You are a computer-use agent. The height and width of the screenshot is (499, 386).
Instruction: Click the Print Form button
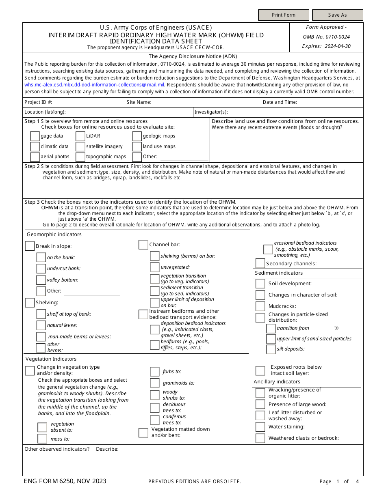[283, 15]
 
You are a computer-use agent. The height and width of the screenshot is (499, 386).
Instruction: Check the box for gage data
[35, 136]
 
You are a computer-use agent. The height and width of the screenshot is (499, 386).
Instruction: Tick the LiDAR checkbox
[80, 136]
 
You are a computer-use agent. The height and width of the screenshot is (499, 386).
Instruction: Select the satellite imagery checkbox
[80, 147]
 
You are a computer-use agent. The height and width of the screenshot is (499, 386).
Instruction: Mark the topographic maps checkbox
[80, 157]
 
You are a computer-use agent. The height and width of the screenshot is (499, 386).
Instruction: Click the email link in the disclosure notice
[94, 85]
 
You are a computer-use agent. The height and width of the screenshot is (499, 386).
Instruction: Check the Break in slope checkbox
[30, 246]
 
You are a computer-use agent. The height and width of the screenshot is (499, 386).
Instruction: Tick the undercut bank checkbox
[41, 269]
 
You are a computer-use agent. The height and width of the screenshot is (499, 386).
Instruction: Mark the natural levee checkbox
[41, 325]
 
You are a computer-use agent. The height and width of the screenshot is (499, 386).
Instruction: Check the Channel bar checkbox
[143, 245]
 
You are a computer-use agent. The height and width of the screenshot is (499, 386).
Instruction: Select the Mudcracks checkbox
[260, 306]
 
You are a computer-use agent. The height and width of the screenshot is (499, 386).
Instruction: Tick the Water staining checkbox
[260, 427]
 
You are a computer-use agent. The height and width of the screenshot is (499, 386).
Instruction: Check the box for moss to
[42, 439]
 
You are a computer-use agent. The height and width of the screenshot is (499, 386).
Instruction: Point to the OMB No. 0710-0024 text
[326, 37]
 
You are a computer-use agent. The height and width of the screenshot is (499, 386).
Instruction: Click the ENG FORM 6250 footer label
[65, 481]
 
